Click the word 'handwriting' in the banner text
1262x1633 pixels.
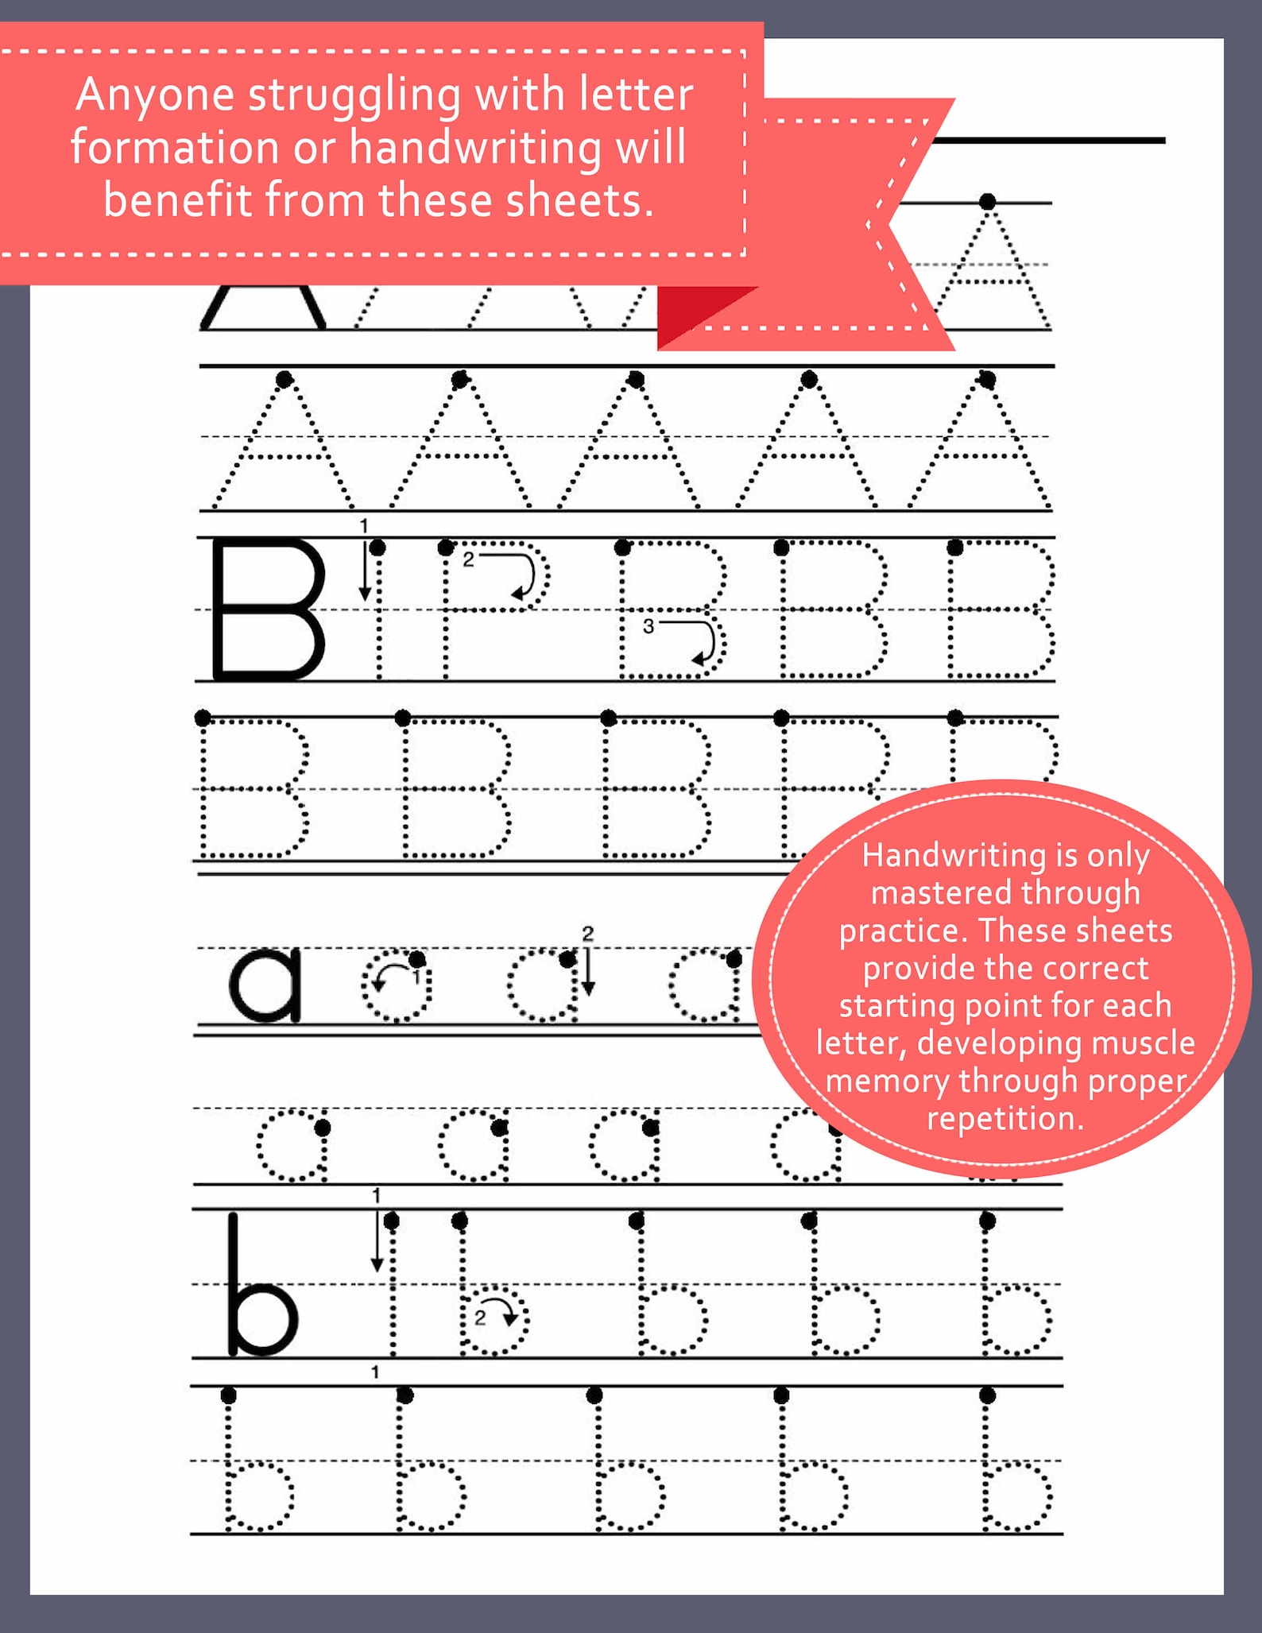tap(475, 148)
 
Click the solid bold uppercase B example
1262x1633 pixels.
tap(268, 609)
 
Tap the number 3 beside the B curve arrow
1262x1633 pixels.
tap(648, 626)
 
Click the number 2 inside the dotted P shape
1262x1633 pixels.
tap(468, 559)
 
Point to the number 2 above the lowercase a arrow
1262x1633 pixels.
tap(587, 934)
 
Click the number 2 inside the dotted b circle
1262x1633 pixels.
tap(480, 1318)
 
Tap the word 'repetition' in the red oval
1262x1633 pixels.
tap(1005, 1119)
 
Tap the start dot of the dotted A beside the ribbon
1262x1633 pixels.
tap(987, 202)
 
